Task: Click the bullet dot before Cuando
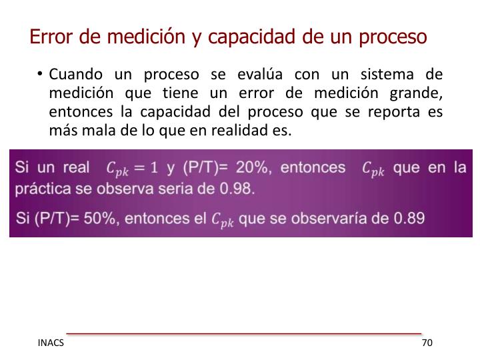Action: click(x=41, y=73)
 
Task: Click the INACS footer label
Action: click(x=51, y=343)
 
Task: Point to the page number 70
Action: click(x=427, y=343)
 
